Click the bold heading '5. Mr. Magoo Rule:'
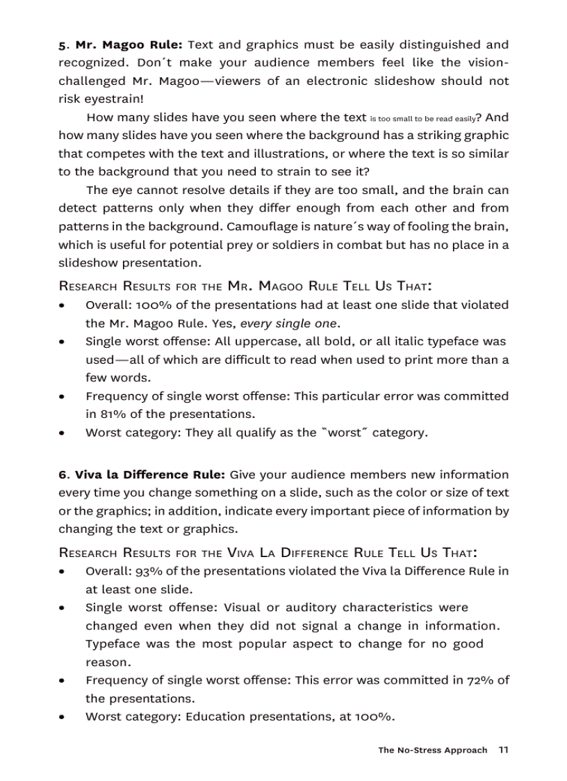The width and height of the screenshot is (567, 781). [x=120, y=45]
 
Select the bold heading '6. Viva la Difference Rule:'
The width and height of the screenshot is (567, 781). [x=142, y=475]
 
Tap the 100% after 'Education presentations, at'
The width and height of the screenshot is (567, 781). [x=375, y=717]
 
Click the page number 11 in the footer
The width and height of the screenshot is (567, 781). [x=504, y=750]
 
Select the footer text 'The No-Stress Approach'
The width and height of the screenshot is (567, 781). [x=432, y=750]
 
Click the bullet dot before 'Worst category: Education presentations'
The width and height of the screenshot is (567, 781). [x=63, y=718]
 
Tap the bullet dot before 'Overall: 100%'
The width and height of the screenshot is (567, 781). [x=63, y=306]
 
